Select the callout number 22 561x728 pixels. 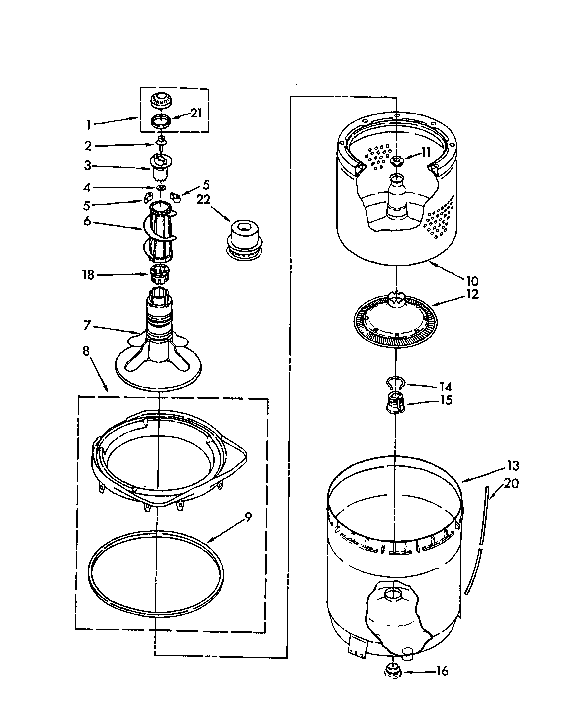pyautogui.click(x=203, y=199)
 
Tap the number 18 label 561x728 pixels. pyautogui.click(x=88, y=275)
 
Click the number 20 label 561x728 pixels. pyautogui.click(x=511, y=483)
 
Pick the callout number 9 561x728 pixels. pyautogui.click(x=248, y=517)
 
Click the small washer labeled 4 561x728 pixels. pyautogui.click(x=161, y=188)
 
